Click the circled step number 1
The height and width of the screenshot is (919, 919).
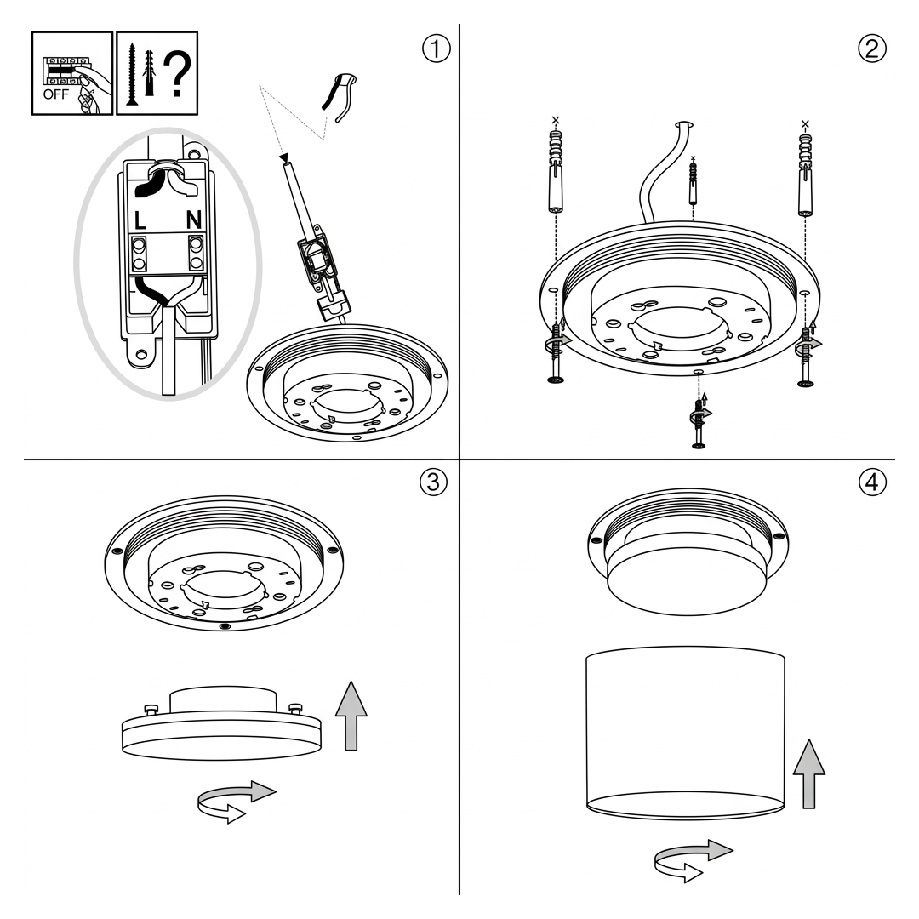[436, 49]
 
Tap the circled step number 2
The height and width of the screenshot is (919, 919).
[872, 49]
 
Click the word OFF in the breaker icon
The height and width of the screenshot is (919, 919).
[55, 94]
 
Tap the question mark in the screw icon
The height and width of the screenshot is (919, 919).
[177, 74]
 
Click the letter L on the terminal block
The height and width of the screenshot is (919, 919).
[140, 220]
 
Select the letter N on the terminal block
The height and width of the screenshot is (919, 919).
[194, 220]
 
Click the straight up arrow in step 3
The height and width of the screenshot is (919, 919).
[351, 716]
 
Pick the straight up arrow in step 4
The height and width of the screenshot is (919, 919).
[809, 773]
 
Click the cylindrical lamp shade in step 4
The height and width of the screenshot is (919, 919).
[685, 733]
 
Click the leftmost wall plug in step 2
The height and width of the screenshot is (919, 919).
[556, 171]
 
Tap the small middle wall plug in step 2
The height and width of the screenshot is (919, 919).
[694, 183]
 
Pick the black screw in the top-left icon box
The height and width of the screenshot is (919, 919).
[132, 74]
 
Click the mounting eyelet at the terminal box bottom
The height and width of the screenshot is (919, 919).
[141, 355]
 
